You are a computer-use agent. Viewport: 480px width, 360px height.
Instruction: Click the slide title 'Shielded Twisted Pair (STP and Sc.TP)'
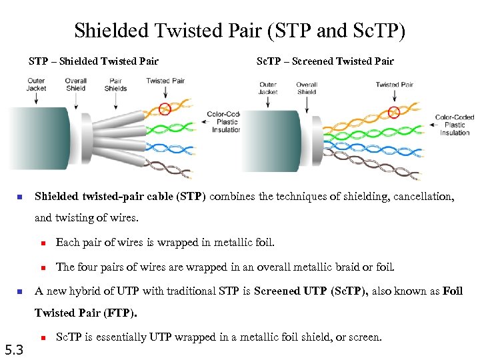tap(239, 31)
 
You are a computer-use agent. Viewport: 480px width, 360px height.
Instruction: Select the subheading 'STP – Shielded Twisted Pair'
tap(93, 61)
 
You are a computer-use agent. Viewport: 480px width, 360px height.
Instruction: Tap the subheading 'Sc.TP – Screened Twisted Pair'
tap(325, 61)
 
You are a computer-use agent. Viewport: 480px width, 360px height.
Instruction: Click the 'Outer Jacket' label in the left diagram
tap(37, 85)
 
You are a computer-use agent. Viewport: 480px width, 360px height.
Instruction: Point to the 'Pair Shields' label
tap(115, 85)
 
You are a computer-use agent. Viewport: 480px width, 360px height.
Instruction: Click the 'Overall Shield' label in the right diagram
tap(307, 88)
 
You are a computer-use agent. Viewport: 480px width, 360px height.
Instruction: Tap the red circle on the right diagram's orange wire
tap(395, 111)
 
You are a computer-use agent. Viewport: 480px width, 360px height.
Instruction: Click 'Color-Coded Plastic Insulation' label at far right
tap(455, 125)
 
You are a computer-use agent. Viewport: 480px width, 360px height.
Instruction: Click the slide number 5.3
tap(14, 349)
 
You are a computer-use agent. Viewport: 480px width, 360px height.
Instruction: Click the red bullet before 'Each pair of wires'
tap(41, 243)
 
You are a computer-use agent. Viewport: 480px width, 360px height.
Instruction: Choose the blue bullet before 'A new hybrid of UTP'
tap(20, 291)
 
